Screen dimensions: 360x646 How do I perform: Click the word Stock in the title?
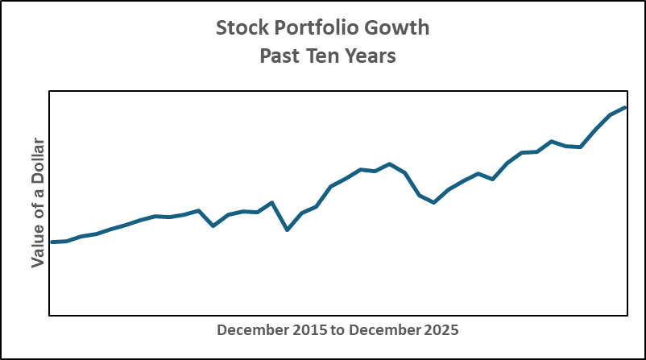click(x=240, y=28)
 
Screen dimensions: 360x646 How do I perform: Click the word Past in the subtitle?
click(x=279, y=57)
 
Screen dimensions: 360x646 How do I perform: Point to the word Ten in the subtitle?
click(x=323, y=57)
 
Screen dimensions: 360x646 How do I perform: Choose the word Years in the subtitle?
click(x=371, y=57)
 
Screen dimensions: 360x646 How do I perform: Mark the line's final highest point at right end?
click(x=625, y=107)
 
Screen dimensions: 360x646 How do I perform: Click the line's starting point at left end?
click(x=52, y=242)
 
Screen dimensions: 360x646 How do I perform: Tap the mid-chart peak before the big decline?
click(x=390, y=164)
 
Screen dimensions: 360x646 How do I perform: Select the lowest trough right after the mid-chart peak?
click(x=434, y=202)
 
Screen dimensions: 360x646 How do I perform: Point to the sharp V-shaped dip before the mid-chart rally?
click(x=288, y=230)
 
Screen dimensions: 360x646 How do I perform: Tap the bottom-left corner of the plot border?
click(x=50, y=315)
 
